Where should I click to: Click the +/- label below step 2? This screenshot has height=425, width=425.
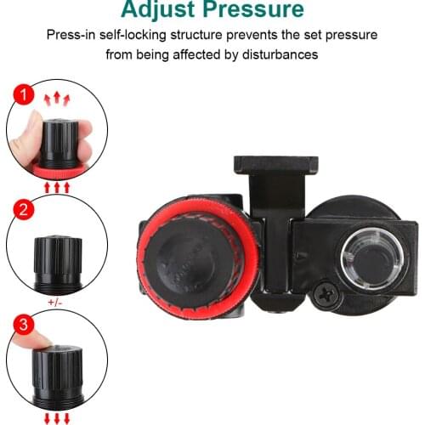(57, 302)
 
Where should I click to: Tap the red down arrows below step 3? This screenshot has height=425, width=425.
(57, 417)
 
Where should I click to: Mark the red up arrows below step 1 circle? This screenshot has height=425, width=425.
(57, 185)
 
